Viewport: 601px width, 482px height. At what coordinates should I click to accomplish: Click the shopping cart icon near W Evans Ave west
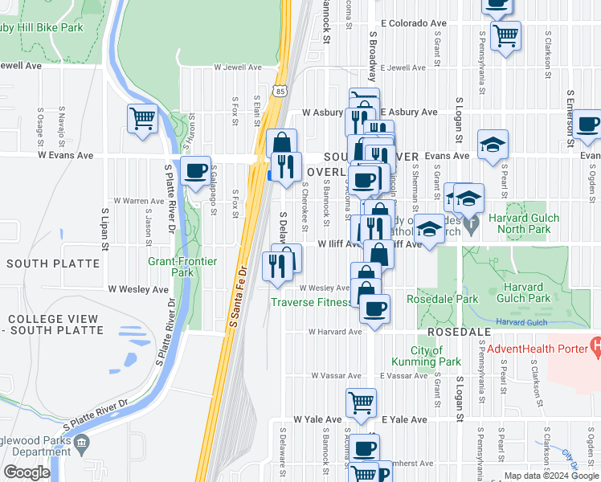tap(142, 119)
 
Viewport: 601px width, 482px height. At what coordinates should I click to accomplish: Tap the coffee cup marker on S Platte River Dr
tap(195, 171)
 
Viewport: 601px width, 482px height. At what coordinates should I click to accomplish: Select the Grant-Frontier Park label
tap(171, 267)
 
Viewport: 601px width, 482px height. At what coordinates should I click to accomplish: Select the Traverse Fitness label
tap(310, 302)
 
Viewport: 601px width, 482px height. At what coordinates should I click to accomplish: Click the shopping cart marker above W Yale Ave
tap(362, 402)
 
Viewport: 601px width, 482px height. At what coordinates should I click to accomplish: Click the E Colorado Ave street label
tap(413, 24)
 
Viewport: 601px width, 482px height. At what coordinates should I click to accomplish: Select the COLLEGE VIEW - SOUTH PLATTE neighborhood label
tap(52, 325)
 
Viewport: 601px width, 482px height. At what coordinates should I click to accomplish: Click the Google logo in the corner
tap(27, 472)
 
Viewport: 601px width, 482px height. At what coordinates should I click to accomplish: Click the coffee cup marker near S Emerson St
tap(587, 124)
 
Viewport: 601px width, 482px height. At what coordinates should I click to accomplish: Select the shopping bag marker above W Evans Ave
tap(281, 144)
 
